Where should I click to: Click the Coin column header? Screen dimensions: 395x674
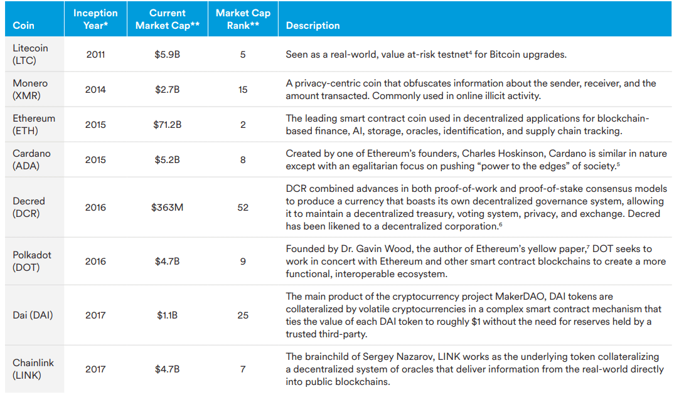point(23,26)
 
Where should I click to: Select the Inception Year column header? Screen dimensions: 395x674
point(95,19)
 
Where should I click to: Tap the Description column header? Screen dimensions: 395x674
point(313,26)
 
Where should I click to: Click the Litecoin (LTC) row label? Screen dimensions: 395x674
point(30,54)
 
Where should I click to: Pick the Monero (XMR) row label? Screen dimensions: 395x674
point(30,89)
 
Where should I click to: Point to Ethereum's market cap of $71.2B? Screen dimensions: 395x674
point(168,125)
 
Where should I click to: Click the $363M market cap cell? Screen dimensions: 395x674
point(168,208)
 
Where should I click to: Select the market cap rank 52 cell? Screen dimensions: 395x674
point(243,208)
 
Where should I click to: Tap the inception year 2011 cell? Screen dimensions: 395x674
point(95,55)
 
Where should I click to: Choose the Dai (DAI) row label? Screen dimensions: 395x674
point(33,315)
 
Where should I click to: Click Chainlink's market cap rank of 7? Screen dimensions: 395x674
point(243,369)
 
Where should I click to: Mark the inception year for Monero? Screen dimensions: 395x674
point(95,90)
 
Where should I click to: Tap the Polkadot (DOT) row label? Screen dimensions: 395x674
point(32,261)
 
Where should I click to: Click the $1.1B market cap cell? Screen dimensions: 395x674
point(168,315)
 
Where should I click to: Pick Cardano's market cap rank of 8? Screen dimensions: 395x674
point(243,160)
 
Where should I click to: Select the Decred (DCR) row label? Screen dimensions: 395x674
point(29,207)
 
